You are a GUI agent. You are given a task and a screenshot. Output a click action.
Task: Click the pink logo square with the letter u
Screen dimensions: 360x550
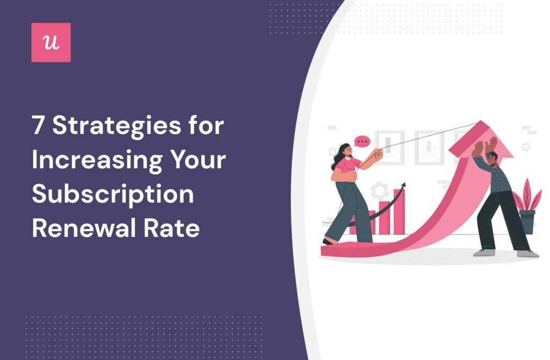pyautogui.click(x=51, y=42)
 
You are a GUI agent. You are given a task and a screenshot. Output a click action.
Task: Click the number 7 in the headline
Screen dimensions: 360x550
pyautogui.click(x=38, y=127)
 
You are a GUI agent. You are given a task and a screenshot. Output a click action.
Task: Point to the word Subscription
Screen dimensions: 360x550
pyautogui.click(x=113, y=195)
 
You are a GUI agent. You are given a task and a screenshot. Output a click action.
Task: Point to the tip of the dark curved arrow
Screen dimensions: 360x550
pyautogui.click(x=403, y=185)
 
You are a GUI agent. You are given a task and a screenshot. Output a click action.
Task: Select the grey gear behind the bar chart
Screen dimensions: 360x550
pyautogui.click(x=381, y=191)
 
